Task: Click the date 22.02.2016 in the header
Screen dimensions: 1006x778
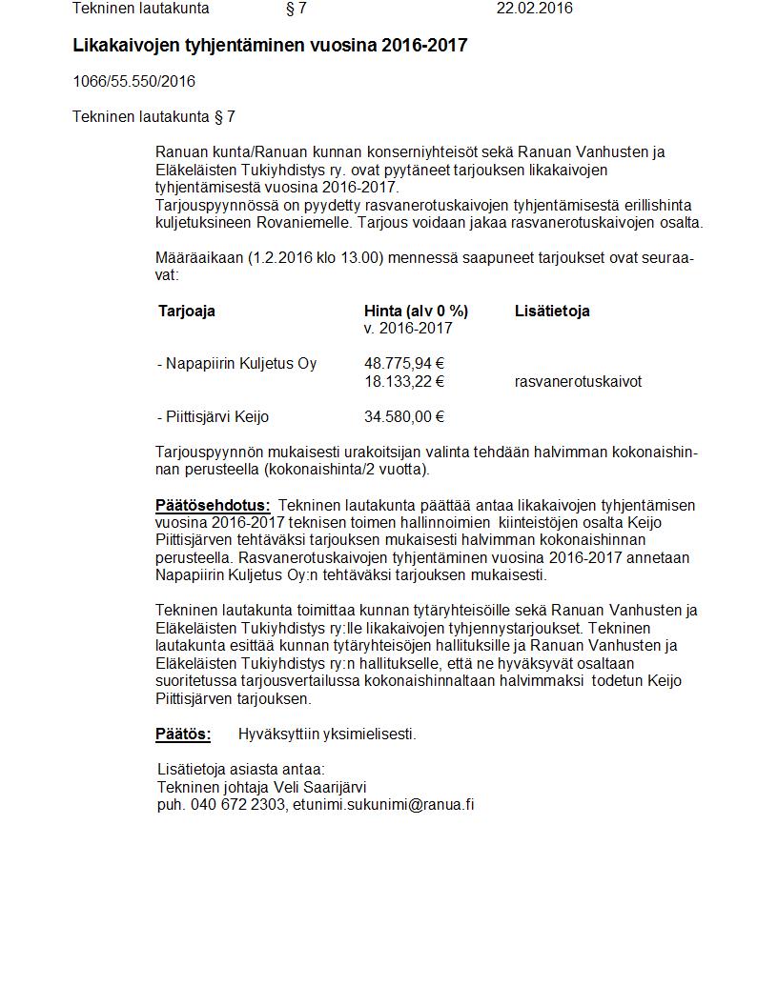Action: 534,9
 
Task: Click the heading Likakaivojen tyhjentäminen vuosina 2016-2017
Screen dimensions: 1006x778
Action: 270,45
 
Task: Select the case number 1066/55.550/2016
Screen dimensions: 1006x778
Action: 133,81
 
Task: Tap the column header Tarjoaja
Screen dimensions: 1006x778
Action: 187,311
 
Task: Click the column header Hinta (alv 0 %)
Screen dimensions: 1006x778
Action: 416,311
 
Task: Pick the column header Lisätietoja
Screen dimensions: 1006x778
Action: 552,311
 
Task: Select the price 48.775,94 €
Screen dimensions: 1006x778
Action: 404,363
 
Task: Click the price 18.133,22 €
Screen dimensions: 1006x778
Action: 404,381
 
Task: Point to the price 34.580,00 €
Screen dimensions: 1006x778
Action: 404,416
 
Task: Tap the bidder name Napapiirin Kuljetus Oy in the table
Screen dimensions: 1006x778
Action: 241,363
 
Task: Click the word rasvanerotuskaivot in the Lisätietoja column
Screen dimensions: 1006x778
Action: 578,381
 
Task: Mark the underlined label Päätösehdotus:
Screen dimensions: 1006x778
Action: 213,505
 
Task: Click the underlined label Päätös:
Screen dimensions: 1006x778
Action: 183,734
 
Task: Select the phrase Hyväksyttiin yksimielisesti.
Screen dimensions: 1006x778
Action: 327,734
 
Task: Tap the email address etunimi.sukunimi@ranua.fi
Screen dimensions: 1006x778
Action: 383,804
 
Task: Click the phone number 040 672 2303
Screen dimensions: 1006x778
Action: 238,804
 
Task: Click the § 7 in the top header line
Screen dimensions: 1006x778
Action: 296,9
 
